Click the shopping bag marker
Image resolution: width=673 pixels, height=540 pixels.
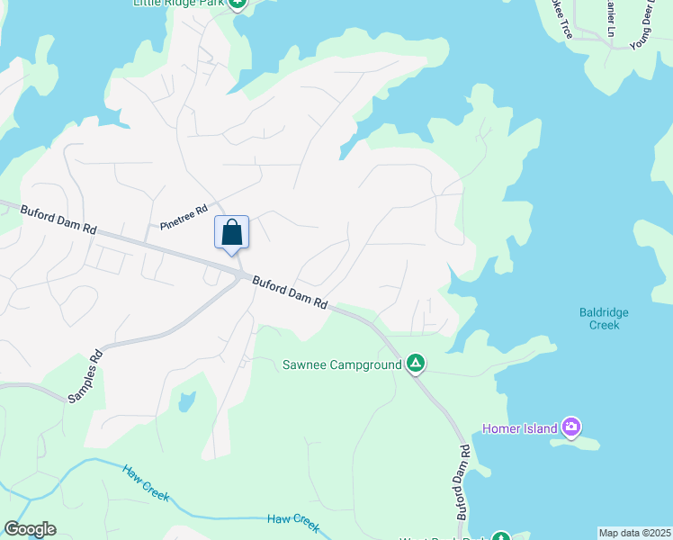point(231,232)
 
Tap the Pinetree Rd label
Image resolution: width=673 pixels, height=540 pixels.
point(184,217)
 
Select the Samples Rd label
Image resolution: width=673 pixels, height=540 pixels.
point(85,376)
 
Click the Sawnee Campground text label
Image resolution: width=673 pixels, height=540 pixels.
point(341,364)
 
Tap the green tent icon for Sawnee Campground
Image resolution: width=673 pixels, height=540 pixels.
point(416,364)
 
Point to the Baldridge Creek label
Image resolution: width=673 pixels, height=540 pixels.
point(604,319)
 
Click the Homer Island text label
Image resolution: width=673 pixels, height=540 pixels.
point(520,428)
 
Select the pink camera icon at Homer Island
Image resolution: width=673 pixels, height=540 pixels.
point(570,427)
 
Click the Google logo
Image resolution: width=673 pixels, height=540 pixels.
point(30,529)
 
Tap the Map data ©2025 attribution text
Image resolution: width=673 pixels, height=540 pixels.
point(634,533)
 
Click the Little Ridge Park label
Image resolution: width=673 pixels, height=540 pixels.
point(178,4)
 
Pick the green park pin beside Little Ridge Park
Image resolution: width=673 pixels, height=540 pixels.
point(237,4)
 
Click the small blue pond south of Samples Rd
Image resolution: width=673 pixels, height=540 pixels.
point(186,401)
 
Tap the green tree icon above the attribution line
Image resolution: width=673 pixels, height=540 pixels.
point(500,536)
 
